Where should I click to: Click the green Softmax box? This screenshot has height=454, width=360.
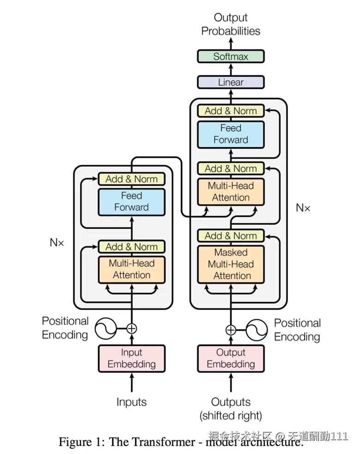coord(230,57)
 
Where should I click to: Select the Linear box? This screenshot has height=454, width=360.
coord(230,82)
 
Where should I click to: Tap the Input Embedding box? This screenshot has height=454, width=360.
coord(132,358)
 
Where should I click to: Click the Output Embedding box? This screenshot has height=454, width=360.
coord(230,358)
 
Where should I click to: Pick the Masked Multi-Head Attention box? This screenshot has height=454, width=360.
coord(230,264)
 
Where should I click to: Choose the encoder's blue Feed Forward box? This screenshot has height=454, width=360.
coord(132,202)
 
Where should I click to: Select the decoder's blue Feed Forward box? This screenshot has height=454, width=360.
coord(230,134)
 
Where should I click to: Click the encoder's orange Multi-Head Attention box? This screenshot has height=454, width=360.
coord(132,269)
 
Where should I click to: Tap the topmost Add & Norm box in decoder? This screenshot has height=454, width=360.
coord(230,111)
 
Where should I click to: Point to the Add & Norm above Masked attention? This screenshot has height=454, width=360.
coord(230,236)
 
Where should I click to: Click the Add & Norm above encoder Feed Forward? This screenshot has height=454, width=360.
coord(132,179)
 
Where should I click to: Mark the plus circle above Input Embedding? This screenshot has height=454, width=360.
coord(132,329)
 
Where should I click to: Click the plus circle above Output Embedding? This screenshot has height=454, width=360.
coord(230,330)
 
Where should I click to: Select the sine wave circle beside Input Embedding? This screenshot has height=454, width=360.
coord(105,329)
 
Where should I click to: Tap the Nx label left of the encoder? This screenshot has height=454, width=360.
coord(57,242)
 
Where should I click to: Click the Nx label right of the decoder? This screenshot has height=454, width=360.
coord(303,208)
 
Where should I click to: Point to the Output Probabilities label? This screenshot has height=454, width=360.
coord(230,24)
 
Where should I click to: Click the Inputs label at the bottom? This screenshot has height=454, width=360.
coord(132,402)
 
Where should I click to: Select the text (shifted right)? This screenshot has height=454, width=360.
coord(230,415)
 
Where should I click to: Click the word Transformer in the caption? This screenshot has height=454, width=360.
coord(157,442)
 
